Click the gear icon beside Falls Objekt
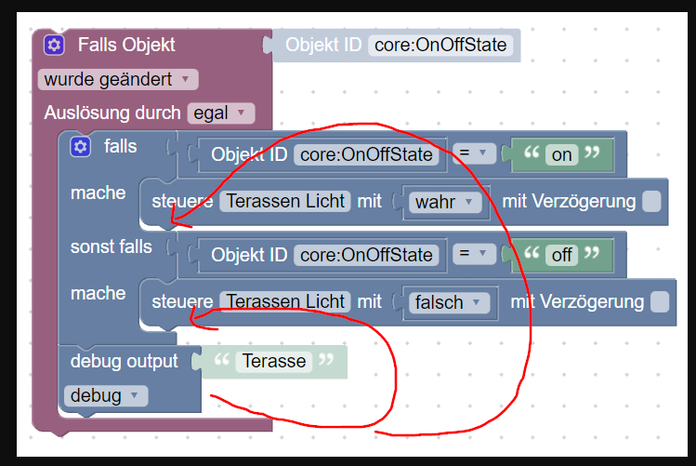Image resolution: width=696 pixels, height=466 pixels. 54,45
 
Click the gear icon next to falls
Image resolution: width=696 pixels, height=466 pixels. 80,147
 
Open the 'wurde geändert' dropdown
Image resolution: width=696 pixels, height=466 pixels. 118,79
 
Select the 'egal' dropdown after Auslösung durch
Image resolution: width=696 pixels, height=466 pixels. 221,113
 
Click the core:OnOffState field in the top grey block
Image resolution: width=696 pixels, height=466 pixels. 440,45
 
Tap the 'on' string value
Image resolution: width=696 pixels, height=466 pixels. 561,155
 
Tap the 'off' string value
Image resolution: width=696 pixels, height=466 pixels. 561,256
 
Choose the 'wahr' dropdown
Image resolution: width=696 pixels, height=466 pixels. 445,202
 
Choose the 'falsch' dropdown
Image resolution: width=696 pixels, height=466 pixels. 449,302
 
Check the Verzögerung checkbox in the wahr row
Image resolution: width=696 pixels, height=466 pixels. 651,201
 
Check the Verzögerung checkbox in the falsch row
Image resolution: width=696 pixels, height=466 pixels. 660,301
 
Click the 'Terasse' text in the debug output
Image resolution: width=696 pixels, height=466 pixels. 274,361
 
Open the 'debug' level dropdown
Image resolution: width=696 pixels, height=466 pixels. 106,396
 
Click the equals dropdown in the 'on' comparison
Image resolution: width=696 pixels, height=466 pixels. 474,153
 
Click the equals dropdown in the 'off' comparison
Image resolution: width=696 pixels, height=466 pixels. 474,254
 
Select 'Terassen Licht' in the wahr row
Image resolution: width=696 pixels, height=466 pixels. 285,201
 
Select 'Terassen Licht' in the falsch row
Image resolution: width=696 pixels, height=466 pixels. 285,301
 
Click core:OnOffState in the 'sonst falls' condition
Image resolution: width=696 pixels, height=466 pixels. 366,256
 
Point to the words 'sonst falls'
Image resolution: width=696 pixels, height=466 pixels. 111,247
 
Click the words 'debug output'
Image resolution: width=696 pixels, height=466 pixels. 124,361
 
